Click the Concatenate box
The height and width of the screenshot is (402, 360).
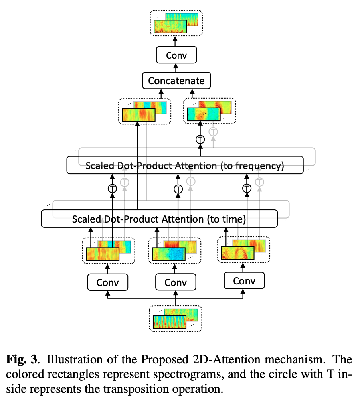pos(176,81)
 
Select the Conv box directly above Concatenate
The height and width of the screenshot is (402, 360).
pos(176,55)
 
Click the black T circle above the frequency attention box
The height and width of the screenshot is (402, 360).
pos(200,140)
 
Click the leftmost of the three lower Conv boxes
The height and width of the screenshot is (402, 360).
pos(108,282)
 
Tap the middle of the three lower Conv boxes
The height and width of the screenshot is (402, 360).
pos(176,282)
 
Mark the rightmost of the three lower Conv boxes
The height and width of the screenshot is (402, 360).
pos(244,281)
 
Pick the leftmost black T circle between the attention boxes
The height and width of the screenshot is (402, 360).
pos(113,189)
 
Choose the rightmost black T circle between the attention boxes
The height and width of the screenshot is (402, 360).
pos(247,189)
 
